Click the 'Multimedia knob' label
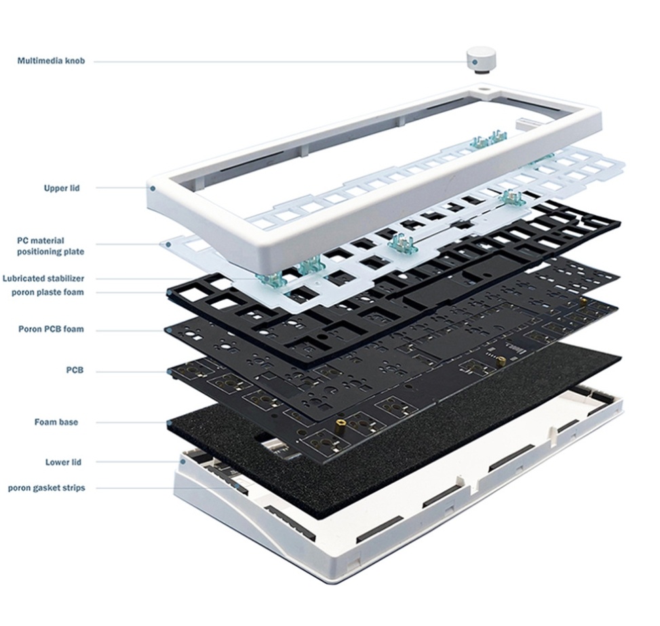click(51, 61)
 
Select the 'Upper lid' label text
click(62, 188)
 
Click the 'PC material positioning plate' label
click(50, 246)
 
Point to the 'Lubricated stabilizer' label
click(43, 278)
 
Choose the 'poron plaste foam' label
click(47, 292)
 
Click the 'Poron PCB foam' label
click(51, 329)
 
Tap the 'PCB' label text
click(75, 370)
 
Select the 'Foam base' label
click(56, 422)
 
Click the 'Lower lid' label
click(63, 462)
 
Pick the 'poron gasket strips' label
click(46, 487)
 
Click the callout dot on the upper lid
click(153, 188)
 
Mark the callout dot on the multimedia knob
click(475, 62)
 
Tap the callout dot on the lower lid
click(183, 462)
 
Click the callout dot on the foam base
click(170, 422)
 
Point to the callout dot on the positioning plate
click(168, 244)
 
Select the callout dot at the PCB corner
click(170, 371)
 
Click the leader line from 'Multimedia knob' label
click(283, 62)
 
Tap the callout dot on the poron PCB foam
click(169, 331)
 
